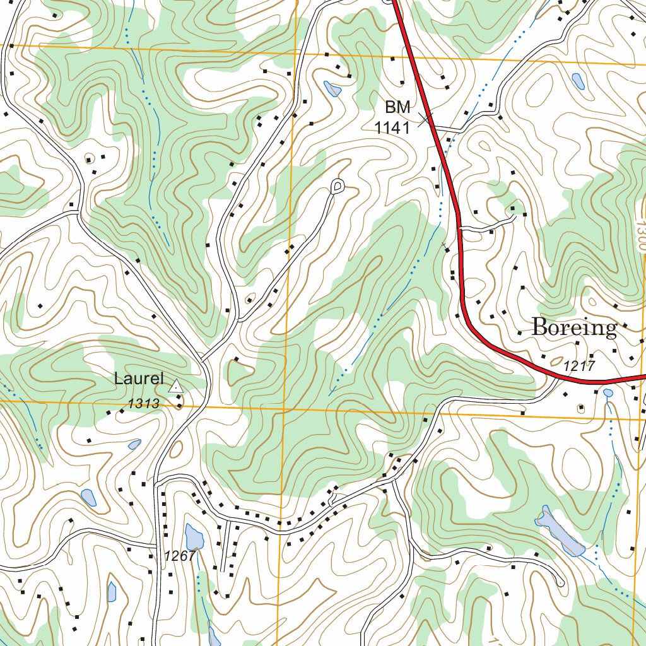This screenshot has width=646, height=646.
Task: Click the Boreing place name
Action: coord(573,327)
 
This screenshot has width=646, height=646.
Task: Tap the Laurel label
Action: coord(139,379)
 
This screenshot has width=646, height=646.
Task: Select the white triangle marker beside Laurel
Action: coord(175,386)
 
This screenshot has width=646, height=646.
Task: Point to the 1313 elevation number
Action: coord(144,404)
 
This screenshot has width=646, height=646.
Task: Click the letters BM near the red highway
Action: coord(397,108)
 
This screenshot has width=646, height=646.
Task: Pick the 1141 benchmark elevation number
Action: coord(392,128)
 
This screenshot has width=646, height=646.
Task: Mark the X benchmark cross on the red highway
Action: coord(427,117)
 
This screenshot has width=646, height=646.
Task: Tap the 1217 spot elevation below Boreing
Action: coord(578,365)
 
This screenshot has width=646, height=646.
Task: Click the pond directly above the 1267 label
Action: coord(194,537)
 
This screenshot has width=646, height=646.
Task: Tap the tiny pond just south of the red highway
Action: coord(608,393)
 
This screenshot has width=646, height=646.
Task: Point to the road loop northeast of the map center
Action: coord(338,185)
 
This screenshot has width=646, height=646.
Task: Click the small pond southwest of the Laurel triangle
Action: coord(134,444)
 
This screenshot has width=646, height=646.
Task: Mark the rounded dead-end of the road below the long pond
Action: coord(559,581)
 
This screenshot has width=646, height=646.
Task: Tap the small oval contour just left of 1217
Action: coord(555,363)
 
